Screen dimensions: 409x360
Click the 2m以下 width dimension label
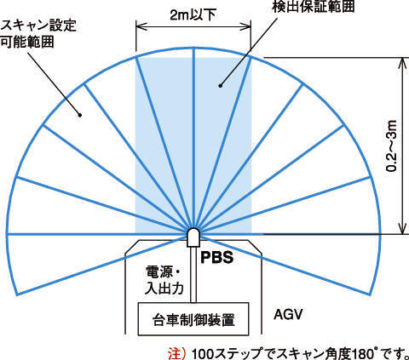(193, 14)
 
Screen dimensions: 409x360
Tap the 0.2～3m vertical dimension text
(392, 146)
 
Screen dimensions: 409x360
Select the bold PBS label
(217, 257)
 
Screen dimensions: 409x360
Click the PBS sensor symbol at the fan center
(193, 237)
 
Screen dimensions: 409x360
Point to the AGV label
(288, 314)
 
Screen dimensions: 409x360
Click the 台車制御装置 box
(193, 319)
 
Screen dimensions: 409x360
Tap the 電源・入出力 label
(164, 280)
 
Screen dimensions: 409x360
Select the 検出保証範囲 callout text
(314, 6)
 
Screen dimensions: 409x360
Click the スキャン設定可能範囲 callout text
(38, 33)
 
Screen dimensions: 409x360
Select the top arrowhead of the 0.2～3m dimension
(402, 63)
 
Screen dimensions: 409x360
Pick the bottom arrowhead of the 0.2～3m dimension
(402, 229)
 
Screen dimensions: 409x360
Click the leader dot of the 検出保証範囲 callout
(220, 85)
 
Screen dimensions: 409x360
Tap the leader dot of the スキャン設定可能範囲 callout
(80, 115)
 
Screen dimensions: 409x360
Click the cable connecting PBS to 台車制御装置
(193, 274)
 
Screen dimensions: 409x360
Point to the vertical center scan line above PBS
(193, 138)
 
